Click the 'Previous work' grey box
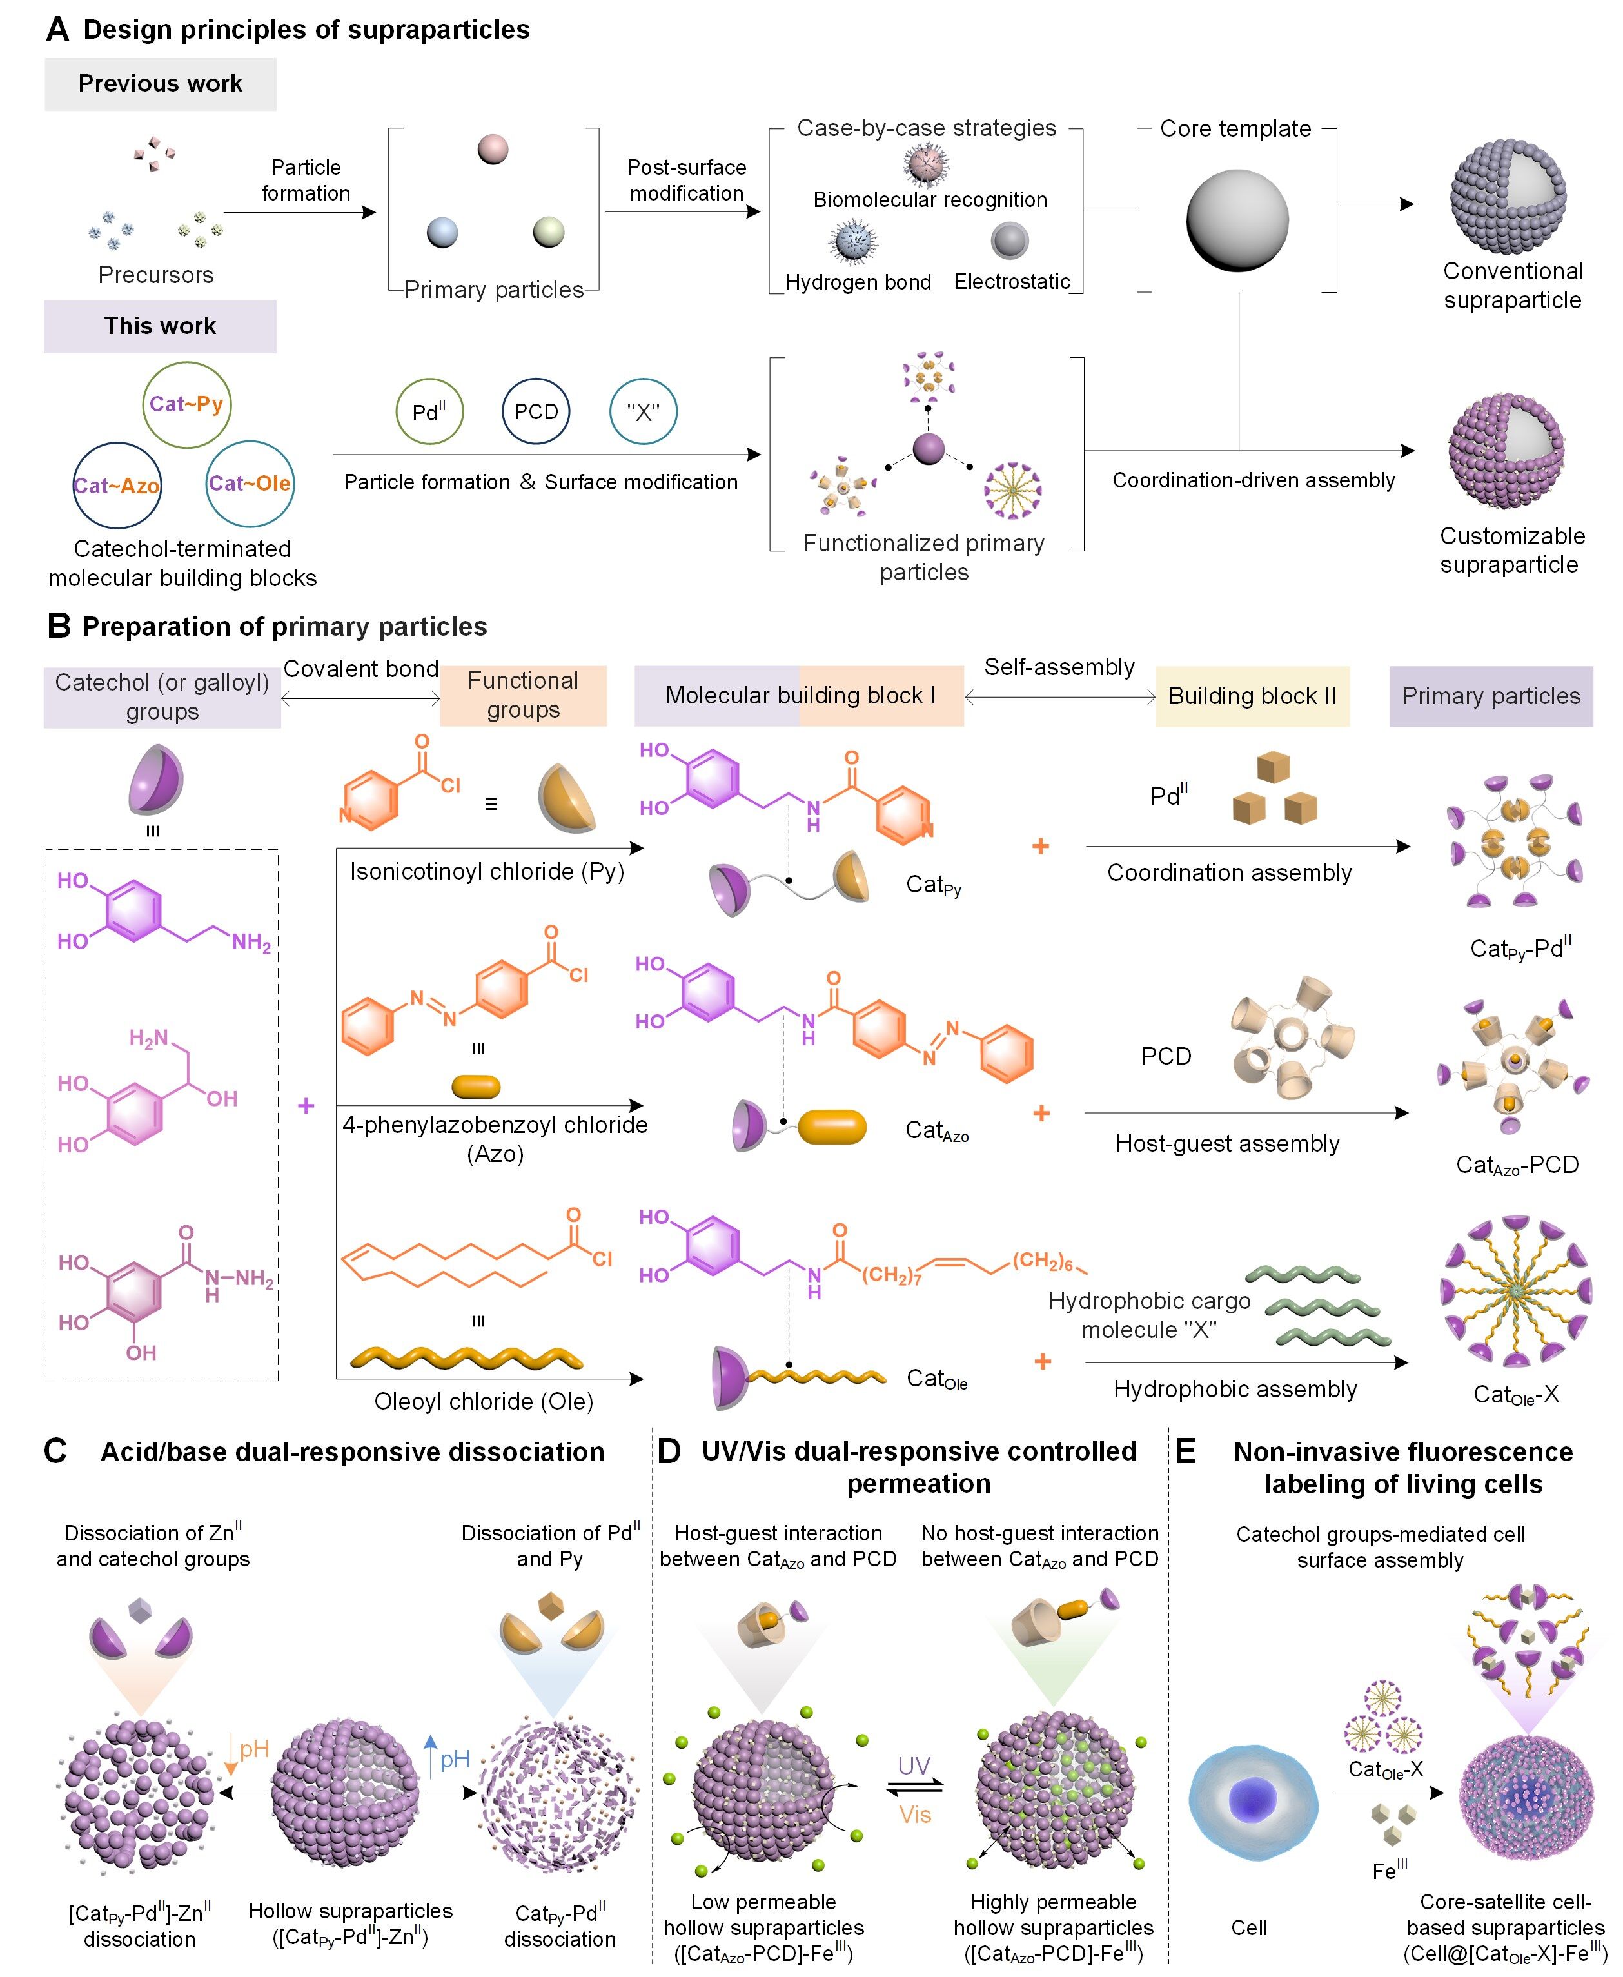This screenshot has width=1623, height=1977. [x=160, y=84]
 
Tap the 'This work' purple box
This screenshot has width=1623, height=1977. [x=160, y=326]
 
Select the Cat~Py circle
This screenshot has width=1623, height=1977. [x=186, y=405]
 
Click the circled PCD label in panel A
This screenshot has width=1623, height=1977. [x=536, y=411]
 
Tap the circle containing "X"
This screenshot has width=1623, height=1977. [x=644, y=411]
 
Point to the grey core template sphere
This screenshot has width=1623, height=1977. [x=1237, y=221]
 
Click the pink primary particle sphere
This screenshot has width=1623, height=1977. [x=493, y=148]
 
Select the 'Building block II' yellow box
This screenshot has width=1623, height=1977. [x=1252, y=696]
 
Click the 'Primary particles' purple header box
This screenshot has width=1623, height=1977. [x=1490, y=696]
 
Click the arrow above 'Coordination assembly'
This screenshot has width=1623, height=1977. [x=1247, y=846]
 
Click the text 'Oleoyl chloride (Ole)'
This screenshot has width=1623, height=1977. [x=484, y=1401]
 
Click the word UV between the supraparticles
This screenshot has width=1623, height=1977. [x=914, y=1766]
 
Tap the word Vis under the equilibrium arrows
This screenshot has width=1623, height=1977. [x=915, y=1815]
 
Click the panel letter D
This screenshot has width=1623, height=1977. [x=669, y=1451]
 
